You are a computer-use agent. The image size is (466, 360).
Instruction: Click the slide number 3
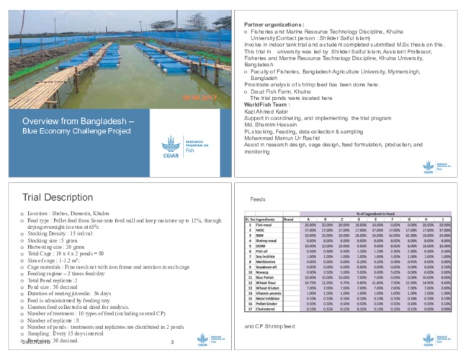[x=162, y=342]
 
